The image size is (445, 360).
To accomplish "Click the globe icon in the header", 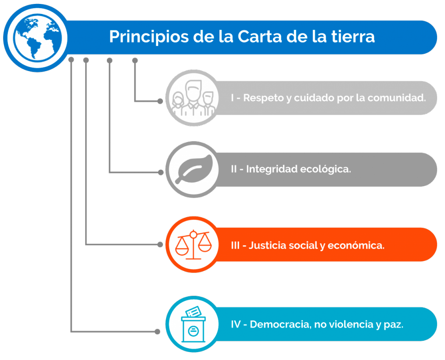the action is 38,38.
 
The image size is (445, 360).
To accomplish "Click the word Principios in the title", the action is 149,37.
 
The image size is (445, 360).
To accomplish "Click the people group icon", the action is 193,98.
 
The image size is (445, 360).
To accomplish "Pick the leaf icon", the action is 194,169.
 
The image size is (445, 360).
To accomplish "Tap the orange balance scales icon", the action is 193,244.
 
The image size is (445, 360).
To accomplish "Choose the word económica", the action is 356,245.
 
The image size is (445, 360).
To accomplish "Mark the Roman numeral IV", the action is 236,324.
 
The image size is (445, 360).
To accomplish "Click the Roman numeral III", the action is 235,245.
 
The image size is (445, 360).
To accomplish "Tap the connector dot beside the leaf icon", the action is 161,172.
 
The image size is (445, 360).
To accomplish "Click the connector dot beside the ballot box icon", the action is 157,332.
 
